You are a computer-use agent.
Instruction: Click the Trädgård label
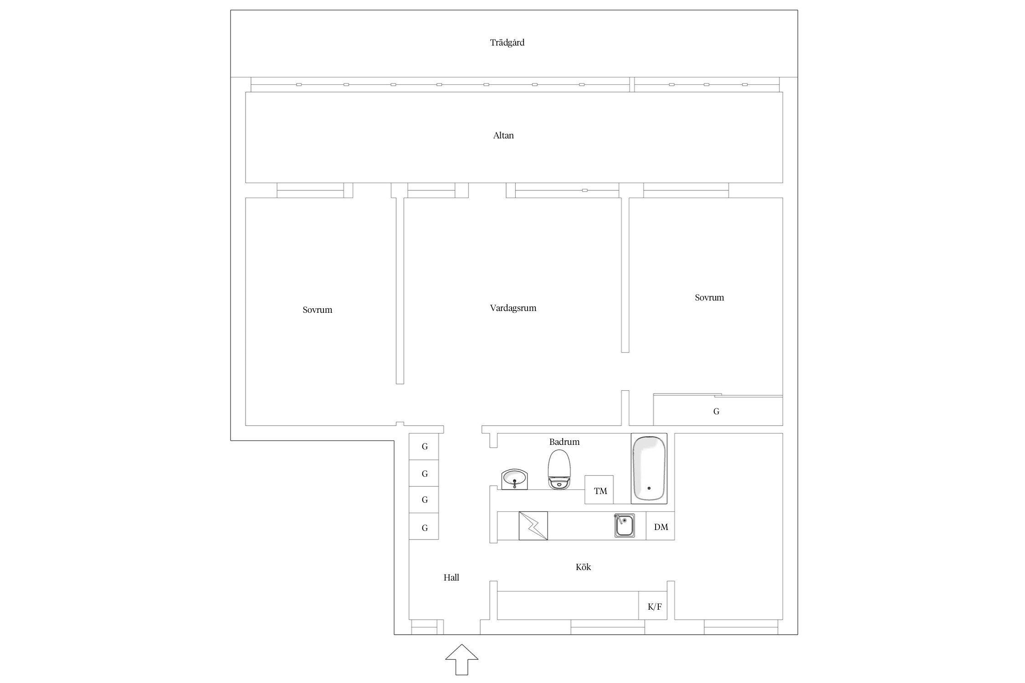[507, 43]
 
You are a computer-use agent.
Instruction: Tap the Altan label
[503, 135]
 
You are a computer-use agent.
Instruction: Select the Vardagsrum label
[513, 308]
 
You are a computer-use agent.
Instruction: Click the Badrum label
[564, 442]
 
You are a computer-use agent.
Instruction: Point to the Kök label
[583, 567]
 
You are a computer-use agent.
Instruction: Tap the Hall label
[451, 577]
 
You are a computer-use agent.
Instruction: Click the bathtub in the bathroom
[649, 469]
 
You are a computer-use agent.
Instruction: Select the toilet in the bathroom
[559, 469]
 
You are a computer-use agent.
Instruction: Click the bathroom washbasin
[515, 479]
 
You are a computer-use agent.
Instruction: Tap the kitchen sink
[625, 525]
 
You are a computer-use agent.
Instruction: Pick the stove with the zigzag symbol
[533, 526]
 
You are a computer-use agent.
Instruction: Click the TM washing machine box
[599, 490]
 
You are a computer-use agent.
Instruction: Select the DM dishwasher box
[660, 526]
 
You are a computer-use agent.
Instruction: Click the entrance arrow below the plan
[461, 659]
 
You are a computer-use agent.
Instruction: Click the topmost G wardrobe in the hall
[424, 447]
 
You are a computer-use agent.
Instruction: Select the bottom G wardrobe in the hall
[424, 526]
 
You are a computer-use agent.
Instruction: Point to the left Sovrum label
[318, 310]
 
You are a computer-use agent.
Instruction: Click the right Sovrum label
[709, 298]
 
